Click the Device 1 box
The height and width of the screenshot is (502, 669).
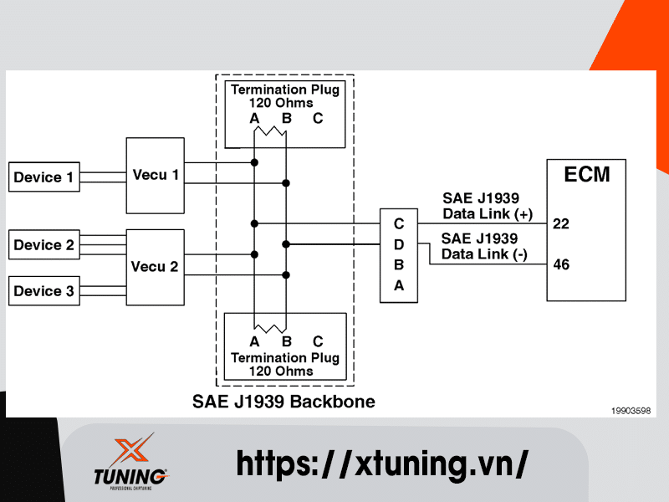[44, 177]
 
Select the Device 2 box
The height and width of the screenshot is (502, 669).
[44, 245]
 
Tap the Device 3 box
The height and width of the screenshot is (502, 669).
[44, 291]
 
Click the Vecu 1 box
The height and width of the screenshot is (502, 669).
[156, 175]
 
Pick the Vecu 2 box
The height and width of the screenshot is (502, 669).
[156, 267]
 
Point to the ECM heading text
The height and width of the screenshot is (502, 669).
[586, 175]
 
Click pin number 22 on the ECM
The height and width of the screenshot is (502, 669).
[561, 224]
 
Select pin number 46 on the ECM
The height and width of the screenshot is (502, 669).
[561, 264]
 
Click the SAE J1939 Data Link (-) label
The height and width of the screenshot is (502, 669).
[483, 247]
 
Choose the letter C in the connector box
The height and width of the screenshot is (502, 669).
[399, 224]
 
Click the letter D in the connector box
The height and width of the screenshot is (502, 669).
[399, 244]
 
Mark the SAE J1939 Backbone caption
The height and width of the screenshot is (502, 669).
[283, 402]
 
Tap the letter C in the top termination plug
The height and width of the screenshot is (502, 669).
[318, 118]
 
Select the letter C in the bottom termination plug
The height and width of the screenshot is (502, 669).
[318, 341]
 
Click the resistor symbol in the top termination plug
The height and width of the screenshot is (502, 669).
[270, 133]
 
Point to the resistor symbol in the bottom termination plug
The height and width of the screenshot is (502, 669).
[270, 327]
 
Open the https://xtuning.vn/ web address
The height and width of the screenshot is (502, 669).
[382, 463]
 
